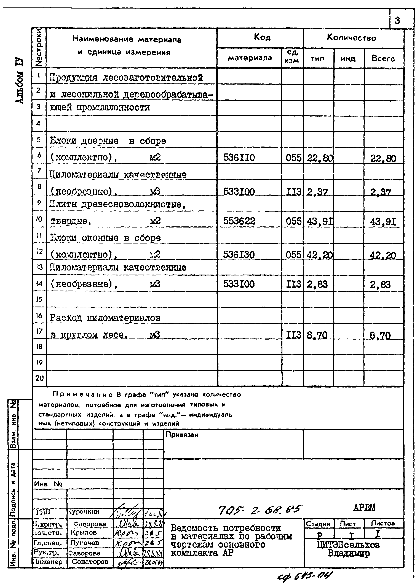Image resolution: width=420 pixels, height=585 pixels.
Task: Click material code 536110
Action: [x=239, y=158]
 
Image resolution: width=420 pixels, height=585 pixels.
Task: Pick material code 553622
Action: [x=239, y=221]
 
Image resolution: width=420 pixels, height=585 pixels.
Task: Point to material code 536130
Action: [x=239, y=255]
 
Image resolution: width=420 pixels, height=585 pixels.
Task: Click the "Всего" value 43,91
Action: [x=383, y=222]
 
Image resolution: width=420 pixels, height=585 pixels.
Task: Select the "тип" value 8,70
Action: [x=317, y=335]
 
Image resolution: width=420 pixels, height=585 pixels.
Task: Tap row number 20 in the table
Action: [x=39, y=378]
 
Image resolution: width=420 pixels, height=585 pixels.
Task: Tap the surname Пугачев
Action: [x=84, y=543]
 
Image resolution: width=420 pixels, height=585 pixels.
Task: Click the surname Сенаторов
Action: [x=90, y=562]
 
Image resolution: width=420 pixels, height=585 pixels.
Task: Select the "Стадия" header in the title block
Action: [x=318, y=524]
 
